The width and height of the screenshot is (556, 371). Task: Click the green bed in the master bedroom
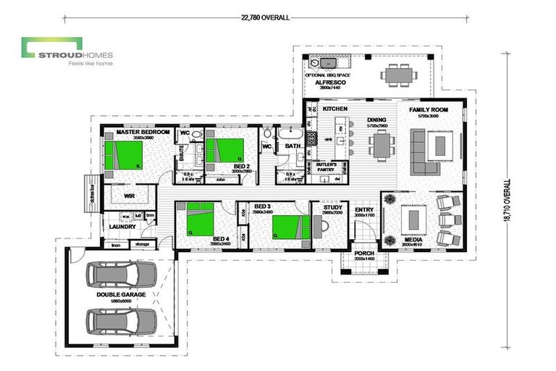coord(124,155)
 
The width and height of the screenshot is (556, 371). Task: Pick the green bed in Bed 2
coord(225,150)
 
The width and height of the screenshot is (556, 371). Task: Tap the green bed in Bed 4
coord(201,219)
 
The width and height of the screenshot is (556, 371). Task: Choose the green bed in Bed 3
coord(290,227)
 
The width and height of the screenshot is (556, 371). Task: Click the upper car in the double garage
coord(121,274)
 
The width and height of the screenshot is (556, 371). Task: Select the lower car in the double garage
coord(121,320)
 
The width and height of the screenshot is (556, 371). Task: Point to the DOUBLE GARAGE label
coord(121,295)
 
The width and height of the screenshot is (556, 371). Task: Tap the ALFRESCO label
coord(328,83)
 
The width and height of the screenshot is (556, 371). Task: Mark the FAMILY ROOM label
coord(429,109)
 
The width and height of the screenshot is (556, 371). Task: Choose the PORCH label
coord(363,254)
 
